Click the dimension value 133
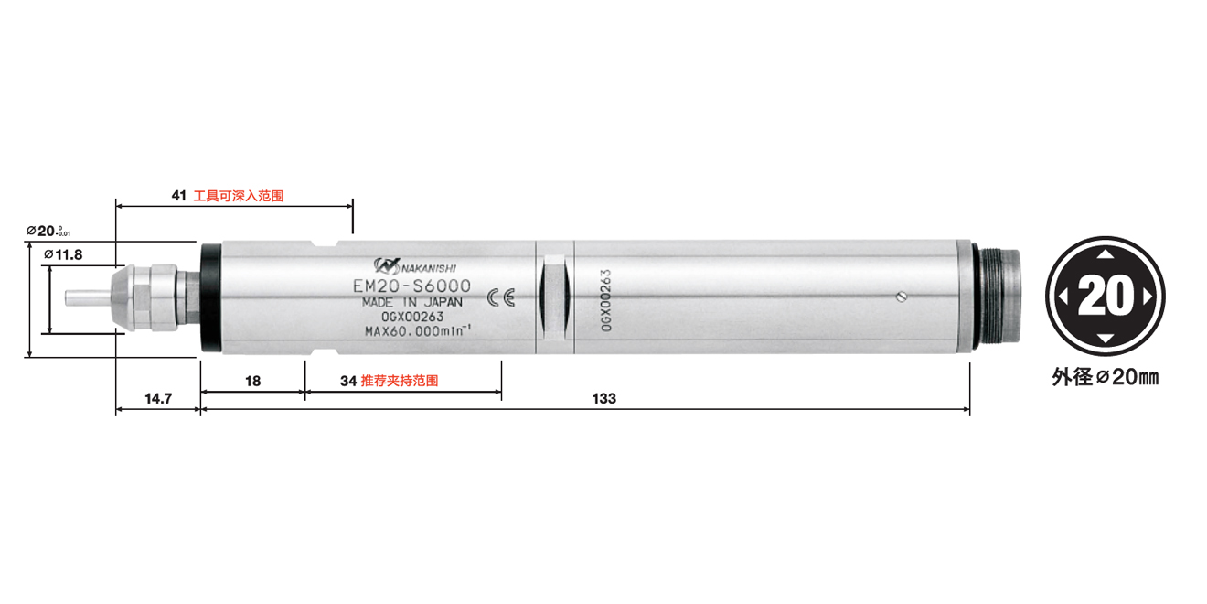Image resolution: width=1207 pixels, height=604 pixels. (604, 399)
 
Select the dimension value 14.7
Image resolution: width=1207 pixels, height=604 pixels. (157, 399)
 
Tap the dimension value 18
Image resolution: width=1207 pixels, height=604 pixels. (252, 381)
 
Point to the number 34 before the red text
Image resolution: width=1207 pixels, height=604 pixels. (348, 381)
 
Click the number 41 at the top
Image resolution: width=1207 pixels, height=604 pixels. (179, 196)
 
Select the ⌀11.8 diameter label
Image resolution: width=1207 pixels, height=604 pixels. (63, 254)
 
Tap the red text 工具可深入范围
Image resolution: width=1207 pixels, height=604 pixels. (239, 196)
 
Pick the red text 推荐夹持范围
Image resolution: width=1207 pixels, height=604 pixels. (400, 381)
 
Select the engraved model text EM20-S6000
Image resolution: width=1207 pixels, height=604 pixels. (411, 286)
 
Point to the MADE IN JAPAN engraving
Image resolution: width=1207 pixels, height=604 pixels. (411, 302)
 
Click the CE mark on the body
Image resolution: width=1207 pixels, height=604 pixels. (501, 297)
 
